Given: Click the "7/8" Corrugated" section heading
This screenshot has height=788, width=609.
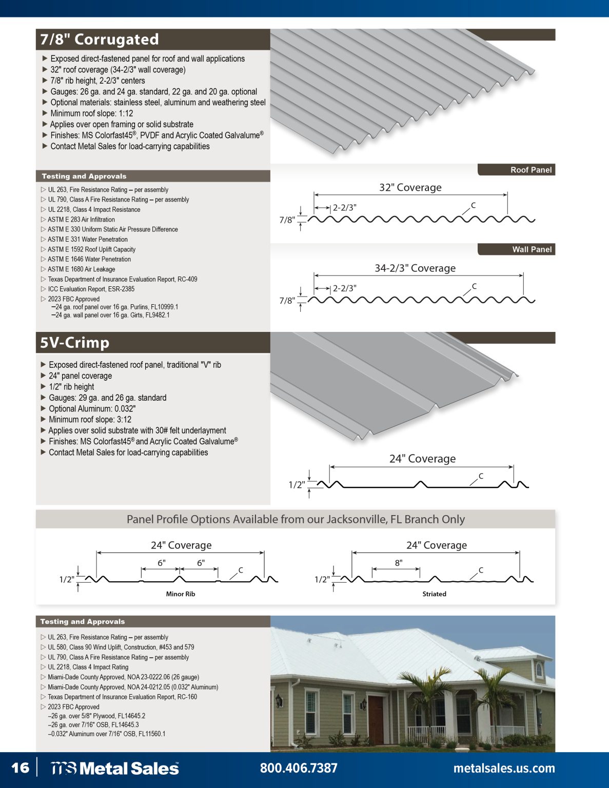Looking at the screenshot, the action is [x=100, y=40].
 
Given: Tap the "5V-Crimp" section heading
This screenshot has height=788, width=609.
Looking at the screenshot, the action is [x=75, y=343].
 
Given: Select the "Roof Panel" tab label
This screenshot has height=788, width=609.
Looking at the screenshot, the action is [x=531, y=170].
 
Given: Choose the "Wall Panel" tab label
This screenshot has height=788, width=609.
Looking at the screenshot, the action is [x=532, y=249].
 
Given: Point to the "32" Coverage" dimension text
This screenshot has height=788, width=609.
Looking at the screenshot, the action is [x=410, y=187].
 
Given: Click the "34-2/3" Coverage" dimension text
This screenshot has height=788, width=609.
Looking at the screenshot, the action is [x=415, y=268].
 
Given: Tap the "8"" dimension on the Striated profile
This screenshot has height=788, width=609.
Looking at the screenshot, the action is [x=399, y=563].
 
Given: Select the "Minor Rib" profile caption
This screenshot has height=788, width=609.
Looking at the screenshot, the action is [x=181, y=594].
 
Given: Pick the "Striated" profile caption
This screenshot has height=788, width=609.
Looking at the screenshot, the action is [x=434, y=594].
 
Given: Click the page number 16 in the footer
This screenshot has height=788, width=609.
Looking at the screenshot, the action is [x=21, y=767].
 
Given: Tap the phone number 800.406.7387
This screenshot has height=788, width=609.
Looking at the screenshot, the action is [x=299, y=767].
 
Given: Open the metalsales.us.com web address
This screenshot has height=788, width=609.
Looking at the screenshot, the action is [x=504, y=768].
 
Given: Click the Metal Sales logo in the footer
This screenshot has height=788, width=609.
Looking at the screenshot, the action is [x=114, y=768].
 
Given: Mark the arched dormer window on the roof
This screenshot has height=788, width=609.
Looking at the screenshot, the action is [x=539, y=670].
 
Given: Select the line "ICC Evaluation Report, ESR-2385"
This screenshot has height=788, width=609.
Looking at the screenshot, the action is [x=91, y=289].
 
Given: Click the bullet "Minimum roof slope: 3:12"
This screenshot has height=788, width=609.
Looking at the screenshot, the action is [x=90, y=420].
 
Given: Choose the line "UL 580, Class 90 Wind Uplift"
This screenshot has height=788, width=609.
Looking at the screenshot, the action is [x=121, y=647].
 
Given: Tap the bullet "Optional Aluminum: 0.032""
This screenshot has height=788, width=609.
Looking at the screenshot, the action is [x=92, y=409].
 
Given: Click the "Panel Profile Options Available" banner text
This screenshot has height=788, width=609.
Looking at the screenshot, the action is [x=296, y=519].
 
